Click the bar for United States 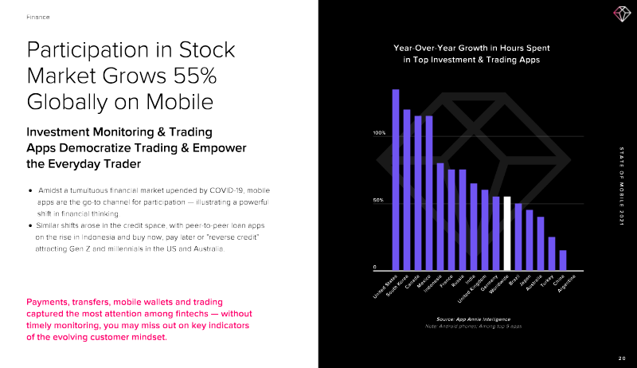click(396, 179)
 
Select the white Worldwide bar click(507, 233)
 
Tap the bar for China click(563, 260)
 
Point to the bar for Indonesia click(440, 216)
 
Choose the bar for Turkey click(552, 253)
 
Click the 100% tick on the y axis click(380, 133)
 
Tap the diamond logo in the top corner click(620, 14)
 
